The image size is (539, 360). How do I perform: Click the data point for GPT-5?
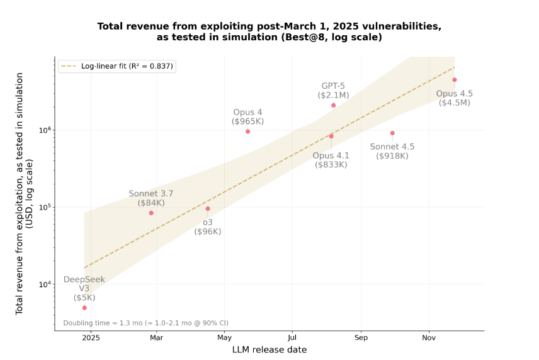(x=333, y=105)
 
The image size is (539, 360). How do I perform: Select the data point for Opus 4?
(x=247, y=132)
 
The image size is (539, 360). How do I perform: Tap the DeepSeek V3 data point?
(x=84, y=308)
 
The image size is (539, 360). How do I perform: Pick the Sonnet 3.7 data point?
(x=151, y=213)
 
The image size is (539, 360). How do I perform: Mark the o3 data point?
(x=208, y=209)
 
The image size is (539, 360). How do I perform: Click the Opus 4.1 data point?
(x=331, y=136)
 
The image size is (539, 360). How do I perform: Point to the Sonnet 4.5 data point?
(x=392, y=133)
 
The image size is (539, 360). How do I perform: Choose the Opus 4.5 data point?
(x=454, y=80)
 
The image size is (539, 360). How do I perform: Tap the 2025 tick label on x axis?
(x=91, y=338)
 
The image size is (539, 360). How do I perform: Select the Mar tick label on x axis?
(x=157, y=338)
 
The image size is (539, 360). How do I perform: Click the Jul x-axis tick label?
(x=292, y=338)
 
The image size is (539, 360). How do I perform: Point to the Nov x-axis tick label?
(x=429, y=338)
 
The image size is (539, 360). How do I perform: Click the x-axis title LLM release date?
(x=269, y=349)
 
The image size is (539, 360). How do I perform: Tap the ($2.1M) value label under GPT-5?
(x=333, y=95)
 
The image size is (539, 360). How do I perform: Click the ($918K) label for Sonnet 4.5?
(x=392, y=155)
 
